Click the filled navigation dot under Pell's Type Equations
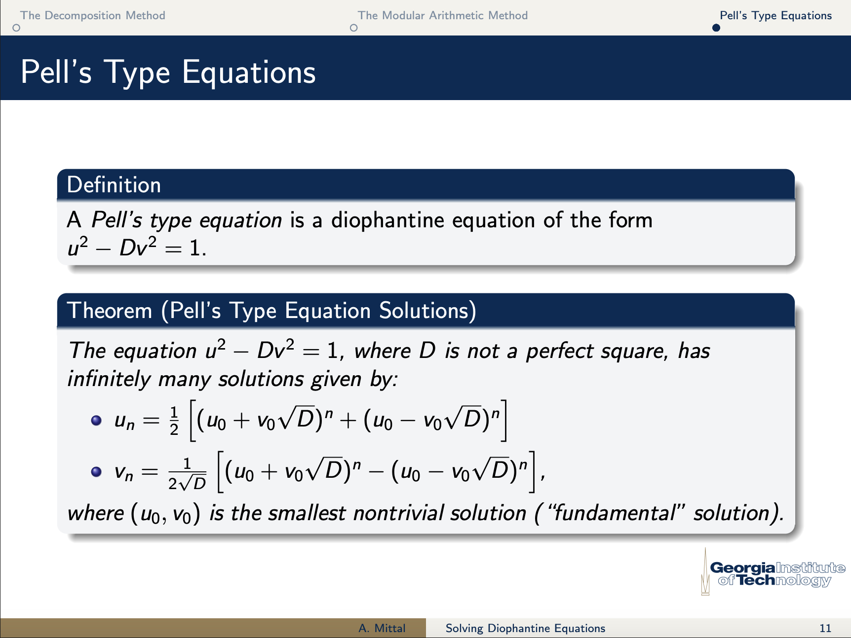click(x=716, y=28)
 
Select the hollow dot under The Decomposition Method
click(x=16, y=28)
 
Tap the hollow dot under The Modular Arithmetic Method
click(x=353, y=28)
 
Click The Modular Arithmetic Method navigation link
click(x=443, y=15)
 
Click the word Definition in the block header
click(x=114, y=185)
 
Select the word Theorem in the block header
click(x=110, y=311)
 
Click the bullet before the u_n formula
click(x=96, y=421)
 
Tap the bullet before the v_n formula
click(x=96, y=472)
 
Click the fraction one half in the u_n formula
click(x=174, y=421)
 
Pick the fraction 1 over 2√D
click(x=187, y=474)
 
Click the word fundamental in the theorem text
click(x=615, y=513)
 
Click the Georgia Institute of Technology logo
click(x=773, y=572)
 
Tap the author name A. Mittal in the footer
click(x=382, y=628)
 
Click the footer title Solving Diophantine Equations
click(x=525, y=628)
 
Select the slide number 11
click(x=825, y=628)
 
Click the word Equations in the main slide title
click(x=249, y=72)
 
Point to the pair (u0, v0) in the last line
click(x=165, y=514)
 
